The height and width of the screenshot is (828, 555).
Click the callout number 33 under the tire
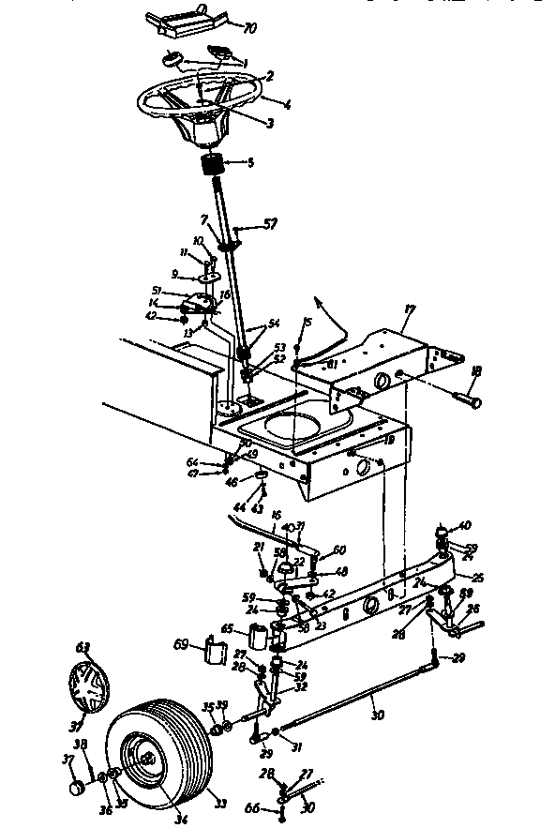tap(221, 805)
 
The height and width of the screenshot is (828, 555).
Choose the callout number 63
tap(82, 647)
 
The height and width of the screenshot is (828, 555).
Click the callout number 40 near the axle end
tap(463, 526)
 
